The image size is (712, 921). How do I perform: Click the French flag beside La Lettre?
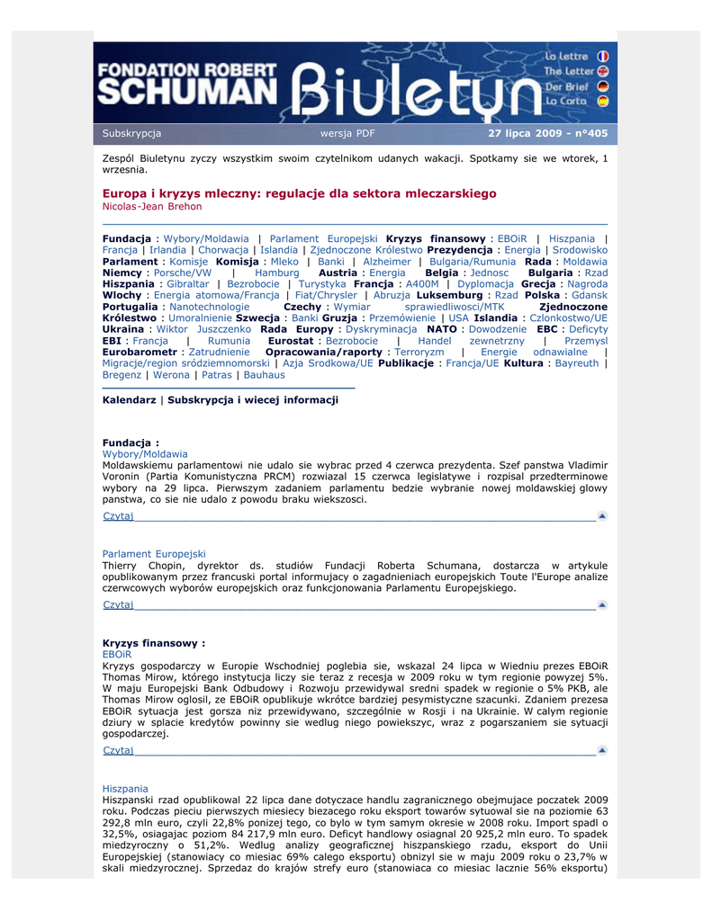(x=602, y=56)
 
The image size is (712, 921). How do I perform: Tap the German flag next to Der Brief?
(x=602, y=86)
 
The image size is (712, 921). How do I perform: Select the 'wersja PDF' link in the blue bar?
(x=347, y=134)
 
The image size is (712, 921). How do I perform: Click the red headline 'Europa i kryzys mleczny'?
(x=299, y=193)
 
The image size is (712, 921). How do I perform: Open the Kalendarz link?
(x=129, y=399)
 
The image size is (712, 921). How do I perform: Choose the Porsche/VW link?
(x=183, y=273)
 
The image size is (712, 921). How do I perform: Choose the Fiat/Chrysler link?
(x=321, y=295)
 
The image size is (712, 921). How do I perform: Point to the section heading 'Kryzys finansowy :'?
(x=154, y=644)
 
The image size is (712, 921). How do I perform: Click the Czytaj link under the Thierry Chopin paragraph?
(x=118, y=604)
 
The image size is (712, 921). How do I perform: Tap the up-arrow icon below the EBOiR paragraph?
(x=602, y=750)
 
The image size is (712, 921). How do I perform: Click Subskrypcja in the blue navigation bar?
(x=131, y=134)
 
